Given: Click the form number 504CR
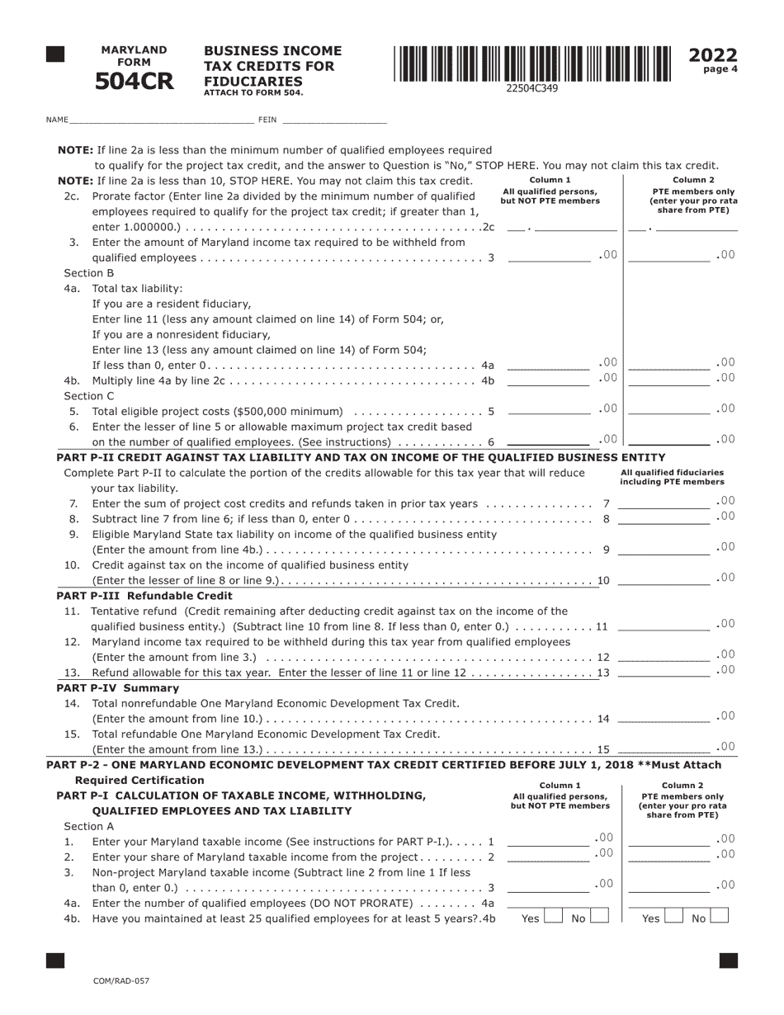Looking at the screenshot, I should (135, 82).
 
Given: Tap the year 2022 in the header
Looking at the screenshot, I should (713, 55).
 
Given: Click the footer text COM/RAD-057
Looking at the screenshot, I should (121, 981).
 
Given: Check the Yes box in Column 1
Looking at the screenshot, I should (553, 916).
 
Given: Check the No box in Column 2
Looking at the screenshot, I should (719, 916).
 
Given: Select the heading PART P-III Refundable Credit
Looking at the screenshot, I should (144, 595).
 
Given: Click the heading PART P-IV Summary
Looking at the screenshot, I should (117, 687).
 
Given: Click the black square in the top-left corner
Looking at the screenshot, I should (55, 55).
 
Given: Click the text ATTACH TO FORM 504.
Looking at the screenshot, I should (253, 93).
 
